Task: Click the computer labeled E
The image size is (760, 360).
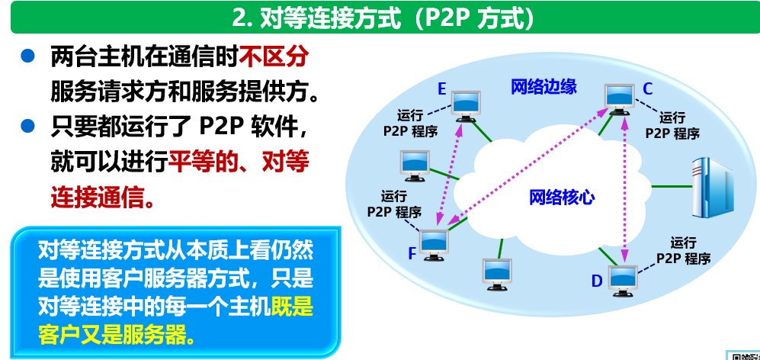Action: [467, 104]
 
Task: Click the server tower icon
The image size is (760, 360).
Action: [708, 188]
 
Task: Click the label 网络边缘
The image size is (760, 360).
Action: [544, 86]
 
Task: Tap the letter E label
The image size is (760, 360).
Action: [441, 89]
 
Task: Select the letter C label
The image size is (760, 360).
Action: [647, 89]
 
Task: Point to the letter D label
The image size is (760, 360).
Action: [596, 281]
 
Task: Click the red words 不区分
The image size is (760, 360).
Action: [274, 56]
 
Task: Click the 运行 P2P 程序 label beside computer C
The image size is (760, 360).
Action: [672, 125]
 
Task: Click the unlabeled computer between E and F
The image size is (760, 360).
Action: [416, 165]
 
